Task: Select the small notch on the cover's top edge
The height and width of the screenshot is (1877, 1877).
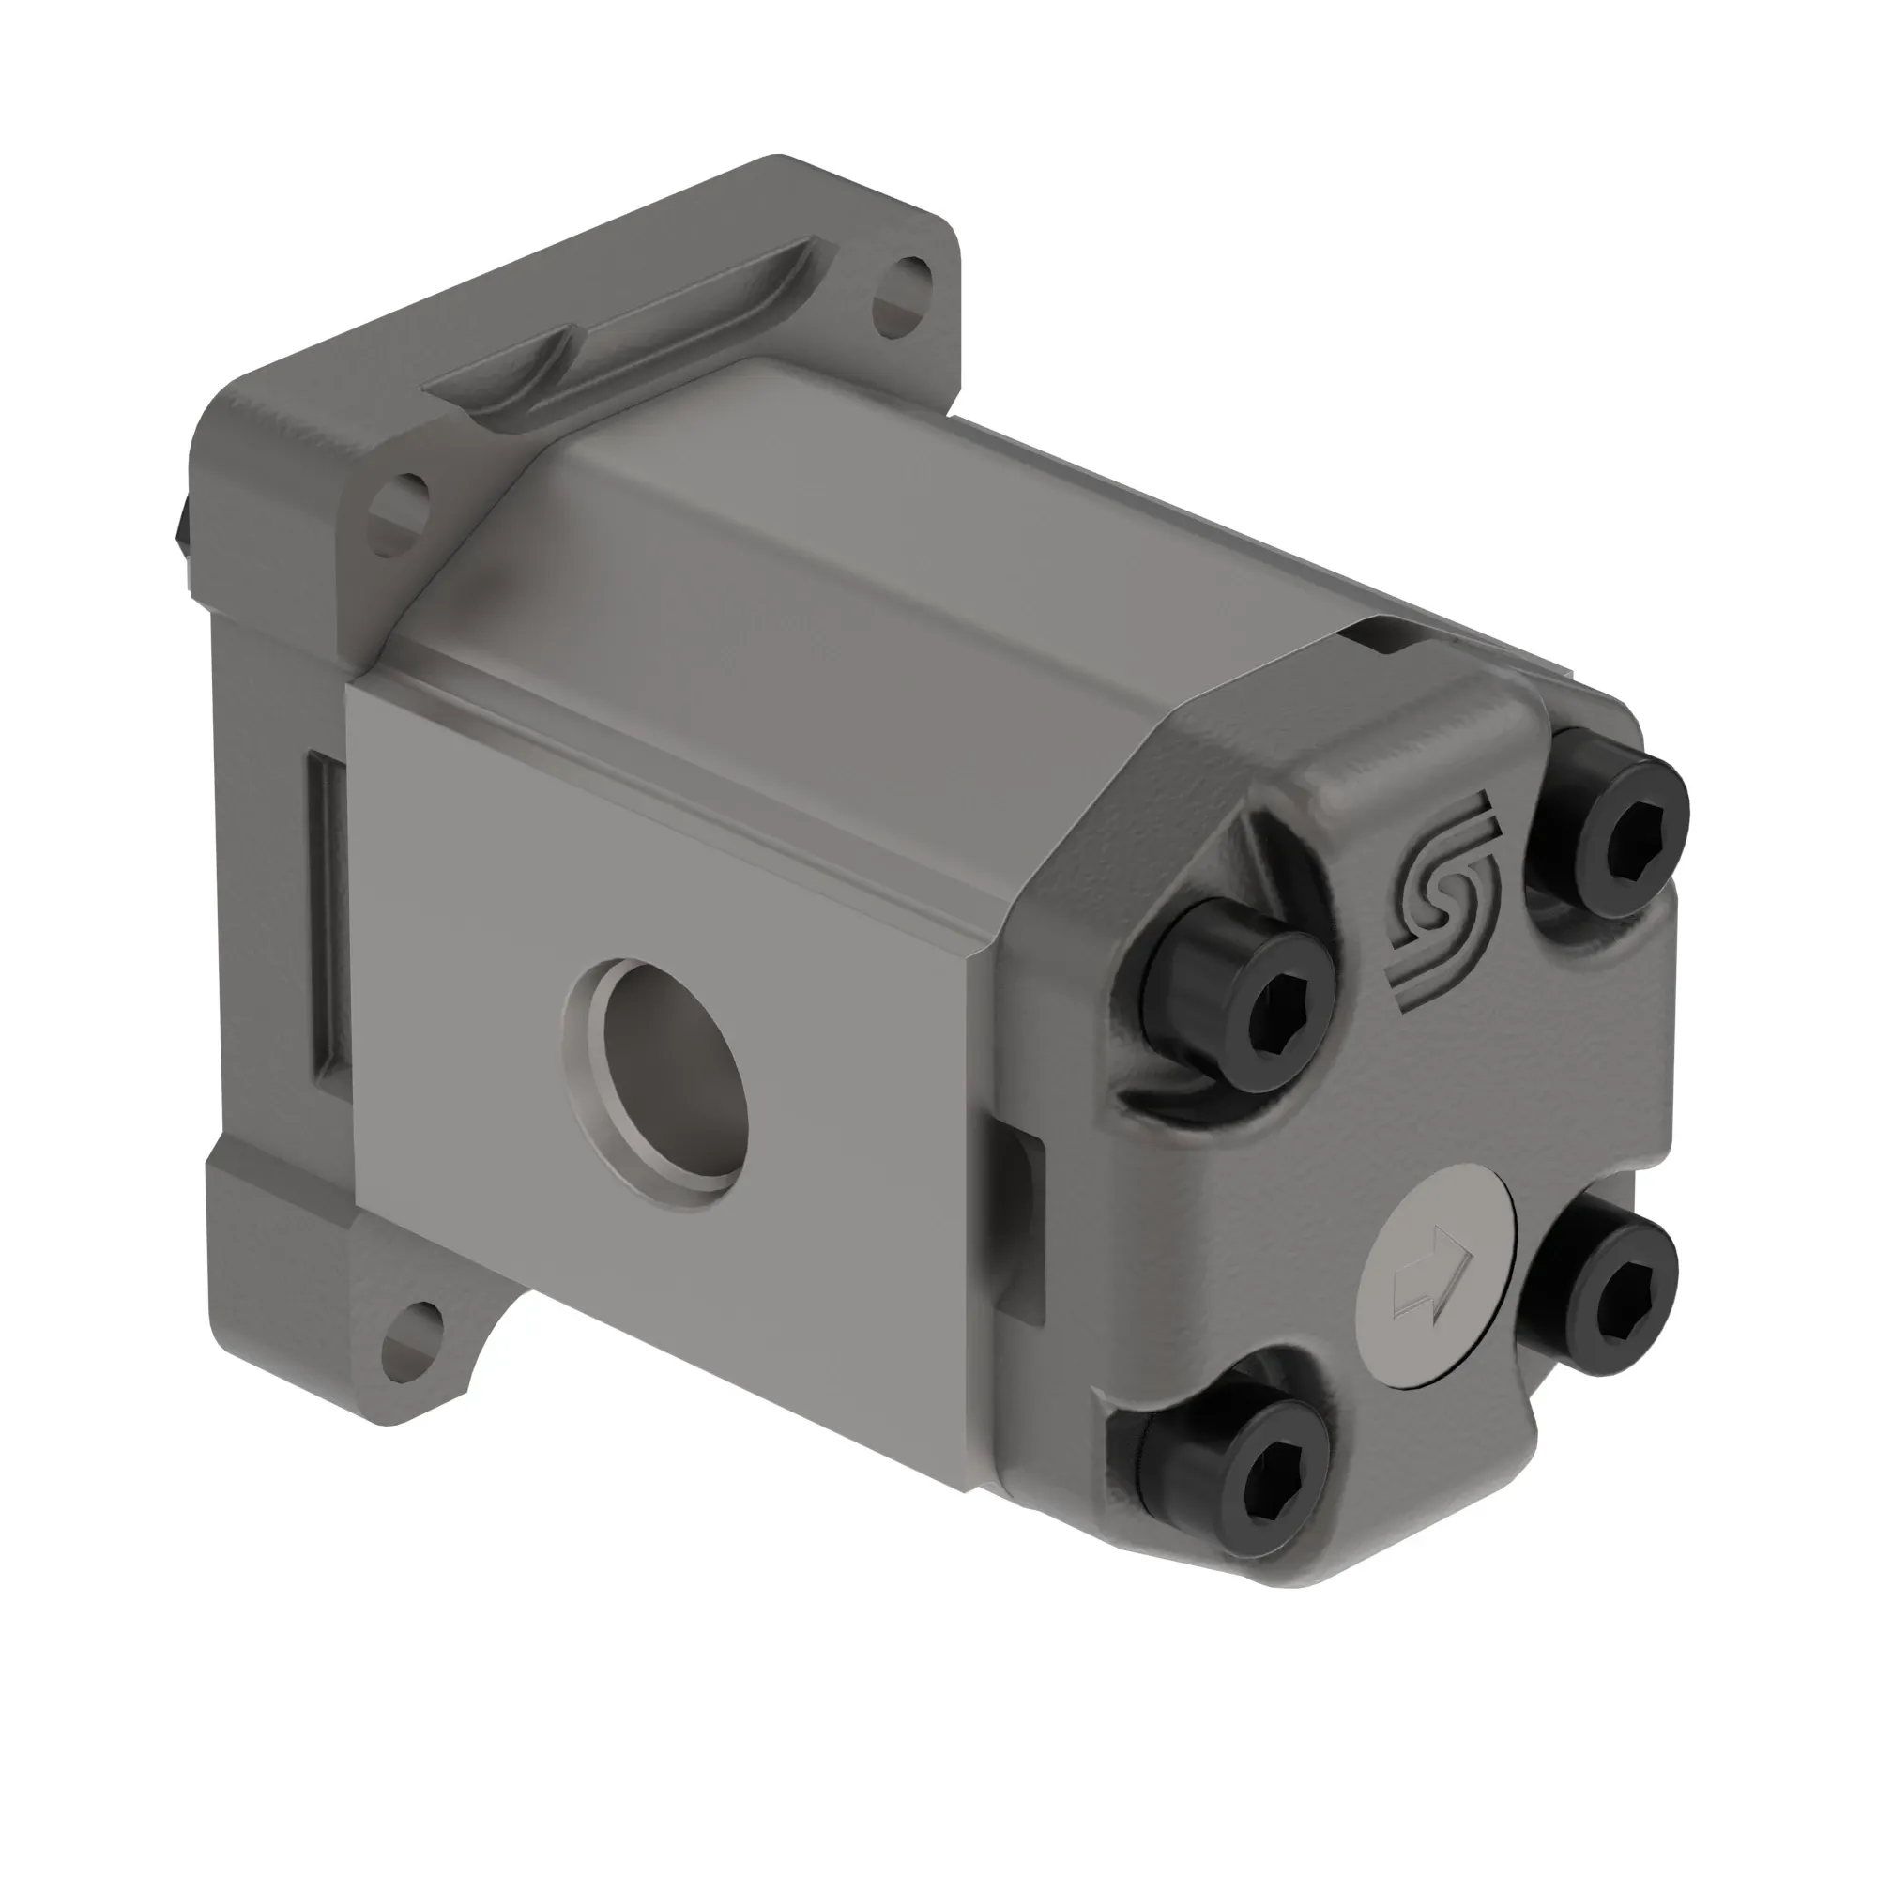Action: point(1380,636)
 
